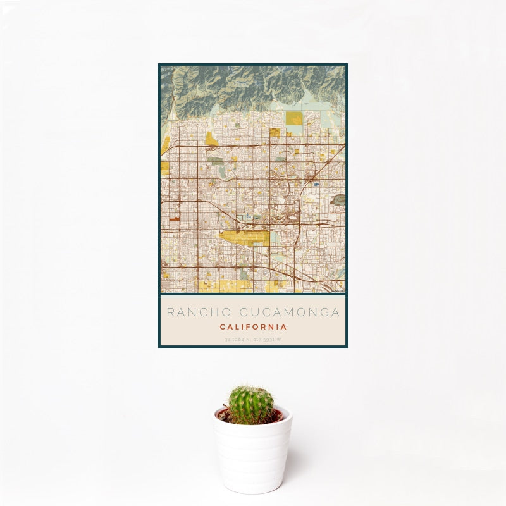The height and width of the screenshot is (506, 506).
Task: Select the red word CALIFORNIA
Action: (x=253, y=327)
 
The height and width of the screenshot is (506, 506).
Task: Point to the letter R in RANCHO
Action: (x=170, y=312)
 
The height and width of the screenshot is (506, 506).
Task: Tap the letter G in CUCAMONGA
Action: (x=321, y=312)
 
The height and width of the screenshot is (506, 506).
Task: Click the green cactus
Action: (x=251, y=405)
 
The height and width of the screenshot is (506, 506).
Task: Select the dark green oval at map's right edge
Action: (x=339, y=199)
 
